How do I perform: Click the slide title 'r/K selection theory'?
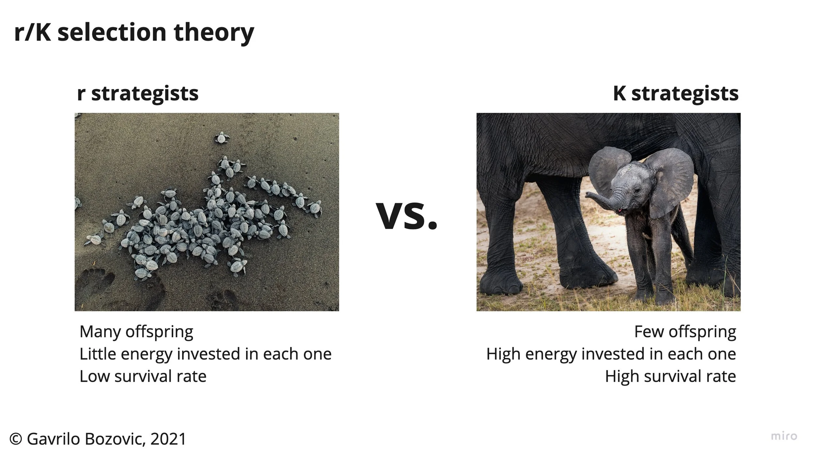click(x=134, y=33)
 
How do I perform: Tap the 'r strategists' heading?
click(x=137, y=94)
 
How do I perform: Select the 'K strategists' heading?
click(x=676, y=94)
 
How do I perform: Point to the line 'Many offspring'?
click(x=136, y=332)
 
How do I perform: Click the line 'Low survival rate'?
click(x=143, y=376)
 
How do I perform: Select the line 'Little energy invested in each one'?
click(x=205, y=354)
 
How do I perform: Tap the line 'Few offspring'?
click(x=685, y=332)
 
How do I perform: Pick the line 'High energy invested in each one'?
click(x=611, y=354)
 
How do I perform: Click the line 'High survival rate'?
click(x=670, y=376)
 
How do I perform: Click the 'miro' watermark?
click(x=784, y=436)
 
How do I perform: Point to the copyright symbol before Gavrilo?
click(x=16, y=439)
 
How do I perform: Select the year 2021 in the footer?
click(x=168, y=439)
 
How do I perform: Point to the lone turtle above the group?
click(x=222, y=138)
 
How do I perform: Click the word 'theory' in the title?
click(x=214, y=33)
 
